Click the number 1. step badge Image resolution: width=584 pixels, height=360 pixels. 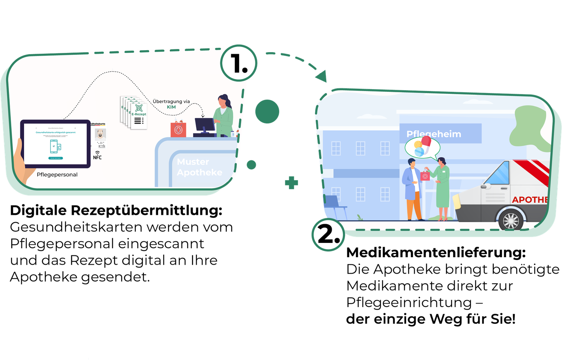pos(239,63)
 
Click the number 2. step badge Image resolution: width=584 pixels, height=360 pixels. pos(328,235)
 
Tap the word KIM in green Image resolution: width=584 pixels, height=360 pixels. pos(171,107)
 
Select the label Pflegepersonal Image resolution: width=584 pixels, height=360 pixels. pos(57,175)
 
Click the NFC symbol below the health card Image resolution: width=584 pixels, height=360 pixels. pos(97,155)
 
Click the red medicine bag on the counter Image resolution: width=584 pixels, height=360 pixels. pos(178,130)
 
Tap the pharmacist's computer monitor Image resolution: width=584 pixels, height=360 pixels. pos(205,125)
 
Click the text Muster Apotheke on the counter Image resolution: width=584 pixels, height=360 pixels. pos(199,167)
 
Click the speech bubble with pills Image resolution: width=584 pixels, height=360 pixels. pos(422,148)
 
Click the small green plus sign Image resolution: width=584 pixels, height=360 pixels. pos(291,183)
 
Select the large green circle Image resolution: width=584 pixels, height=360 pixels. pos(267,112)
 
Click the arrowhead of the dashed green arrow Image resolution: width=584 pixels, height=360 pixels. pos(322,77)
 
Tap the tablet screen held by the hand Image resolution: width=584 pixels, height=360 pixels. pos(55,143)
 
